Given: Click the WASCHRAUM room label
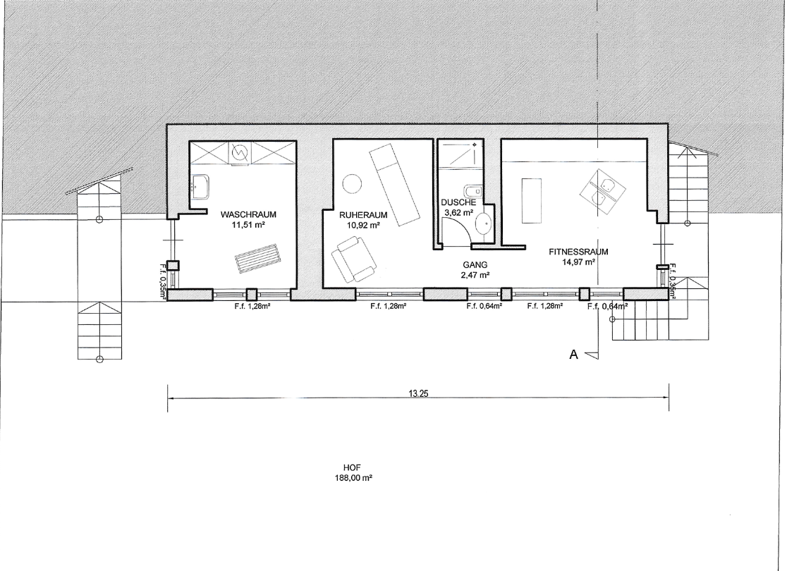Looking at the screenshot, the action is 248,215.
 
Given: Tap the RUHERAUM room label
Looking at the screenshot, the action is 363,215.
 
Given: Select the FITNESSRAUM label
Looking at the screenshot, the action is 579,252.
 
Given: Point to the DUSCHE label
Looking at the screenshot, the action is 458,203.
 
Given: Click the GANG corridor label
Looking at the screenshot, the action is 475,265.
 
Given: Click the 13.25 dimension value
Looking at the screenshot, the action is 418,394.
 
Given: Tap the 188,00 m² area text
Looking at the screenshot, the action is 353,477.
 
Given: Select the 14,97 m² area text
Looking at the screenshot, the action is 579,262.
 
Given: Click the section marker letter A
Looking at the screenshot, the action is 574,355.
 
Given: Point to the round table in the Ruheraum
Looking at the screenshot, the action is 351,183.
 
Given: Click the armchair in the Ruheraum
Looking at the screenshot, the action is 354,260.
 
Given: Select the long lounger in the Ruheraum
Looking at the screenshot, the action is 394,184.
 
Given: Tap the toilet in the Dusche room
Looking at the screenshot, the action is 473,192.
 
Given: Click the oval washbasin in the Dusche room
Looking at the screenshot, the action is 483,223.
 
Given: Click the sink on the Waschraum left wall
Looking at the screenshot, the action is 201,187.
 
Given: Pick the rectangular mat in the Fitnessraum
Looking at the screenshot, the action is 532,201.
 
